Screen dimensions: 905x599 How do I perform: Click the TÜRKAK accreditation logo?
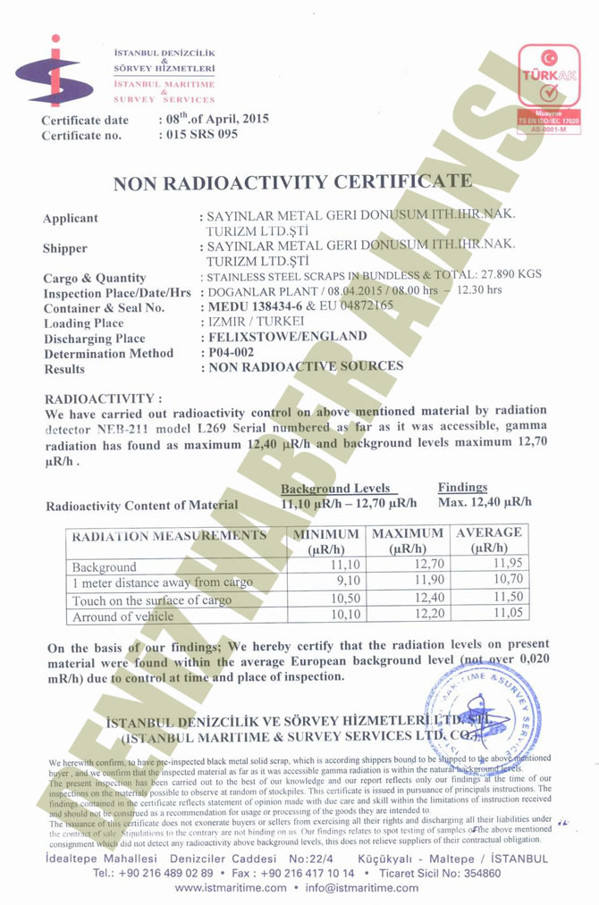point(551,87)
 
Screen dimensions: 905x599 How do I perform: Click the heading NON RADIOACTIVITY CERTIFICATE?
point(292,182)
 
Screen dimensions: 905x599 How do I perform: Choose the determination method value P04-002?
point(232,352)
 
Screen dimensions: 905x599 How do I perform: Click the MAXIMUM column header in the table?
point(408,540)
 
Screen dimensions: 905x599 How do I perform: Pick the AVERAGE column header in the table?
point(489,539)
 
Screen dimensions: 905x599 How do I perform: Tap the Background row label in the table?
point(105,567)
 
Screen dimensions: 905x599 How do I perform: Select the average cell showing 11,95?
point(504,566)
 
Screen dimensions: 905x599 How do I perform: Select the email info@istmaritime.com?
point(361,888)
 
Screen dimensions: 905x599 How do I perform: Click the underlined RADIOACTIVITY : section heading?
point(103,398)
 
